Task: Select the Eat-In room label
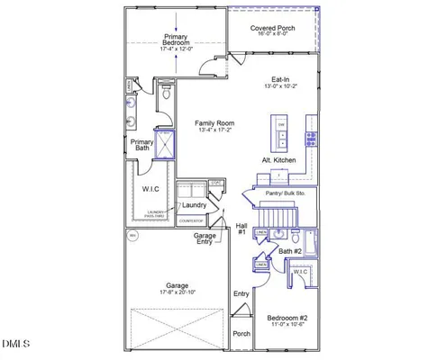pos(279,79)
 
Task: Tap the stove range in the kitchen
pos(311,138)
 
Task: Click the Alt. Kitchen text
pos(278,159)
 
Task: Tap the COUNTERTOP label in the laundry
pos(191,219)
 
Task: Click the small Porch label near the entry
pos(241,333)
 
